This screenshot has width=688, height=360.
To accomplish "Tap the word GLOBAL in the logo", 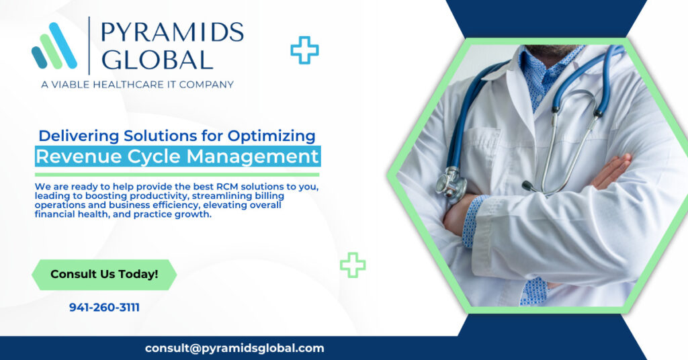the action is (157, 60).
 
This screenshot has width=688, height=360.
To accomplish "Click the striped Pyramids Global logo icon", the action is (54, 46).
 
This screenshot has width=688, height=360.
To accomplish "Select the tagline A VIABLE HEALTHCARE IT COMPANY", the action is (137, 84).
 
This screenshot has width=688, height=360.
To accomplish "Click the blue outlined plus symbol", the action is (304, 50).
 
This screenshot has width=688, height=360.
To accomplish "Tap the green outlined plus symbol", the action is (353, 265).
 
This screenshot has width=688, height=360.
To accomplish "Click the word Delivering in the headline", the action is (79, 136).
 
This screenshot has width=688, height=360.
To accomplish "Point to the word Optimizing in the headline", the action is (271, 136).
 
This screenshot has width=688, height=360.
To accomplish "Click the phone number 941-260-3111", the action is (104, 308).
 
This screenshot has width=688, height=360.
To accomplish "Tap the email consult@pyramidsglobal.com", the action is (234, 348).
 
